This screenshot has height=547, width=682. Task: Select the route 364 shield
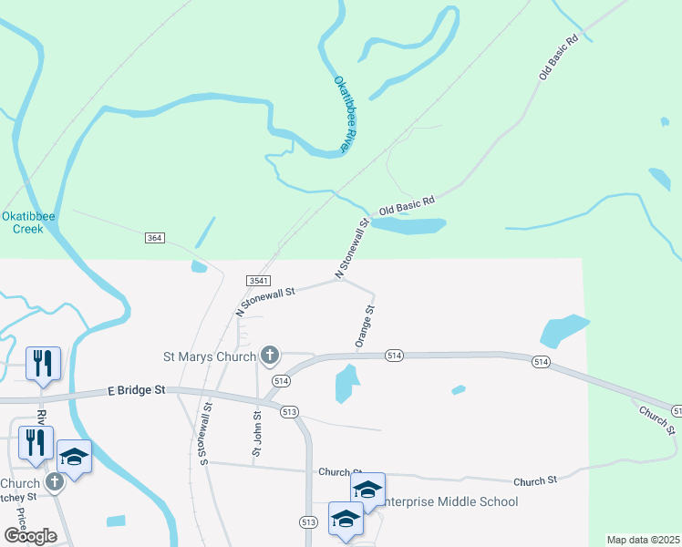(154, 238)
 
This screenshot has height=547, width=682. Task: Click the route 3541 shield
(257, 281)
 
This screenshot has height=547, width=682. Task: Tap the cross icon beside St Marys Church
(270, 354)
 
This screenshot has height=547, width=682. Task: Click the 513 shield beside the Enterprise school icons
(307, 521)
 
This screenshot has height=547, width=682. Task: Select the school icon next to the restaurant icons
(75, 457)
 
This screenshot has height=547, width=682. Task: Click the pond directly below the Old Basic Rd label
(408, 225)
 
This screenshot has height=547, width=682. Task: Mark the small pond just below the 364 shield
(199, 267)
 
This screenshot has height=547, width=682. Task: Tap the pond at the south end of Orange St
(346, 383)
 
